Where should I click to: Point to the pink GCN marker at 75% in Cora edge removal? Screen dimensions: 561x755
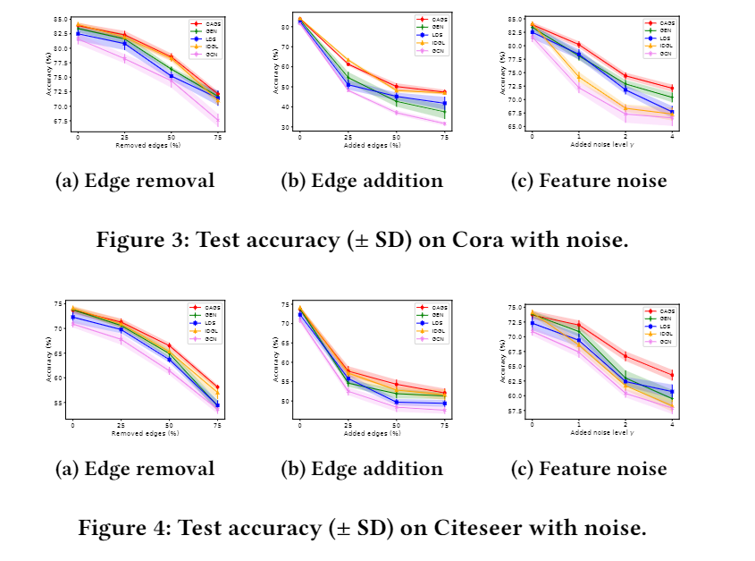coord(217,120)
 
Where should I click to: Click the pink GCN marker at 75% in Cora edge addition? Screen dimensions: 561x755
coord(444,123)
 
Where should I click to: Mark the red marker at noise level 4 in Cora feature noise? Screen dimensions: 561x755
coord(671,88)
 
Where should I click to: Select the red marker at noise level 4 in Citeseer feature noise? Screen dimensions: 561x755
coord(671,375)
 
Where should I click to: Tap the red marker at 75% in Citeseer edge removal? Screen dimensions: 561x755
coord(217,387)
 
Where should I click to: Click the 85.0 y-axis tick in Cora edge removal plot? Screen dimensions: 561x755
coord(61,19)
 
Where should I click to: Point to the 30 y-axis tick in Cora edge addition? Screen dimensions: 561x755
coord(288,127)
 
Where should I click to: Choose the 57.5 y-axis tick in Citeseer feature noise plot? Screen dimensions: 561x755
coord(516,411)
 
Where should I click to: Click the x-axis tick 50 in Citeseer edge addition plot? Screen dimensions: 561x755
coord(396,425)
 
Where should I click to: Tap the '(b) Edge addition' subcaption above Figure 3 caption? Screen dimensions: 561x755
coord(362,181)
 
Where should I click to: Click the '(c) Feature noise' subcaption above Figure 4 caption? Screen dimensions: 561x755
coord(589,469)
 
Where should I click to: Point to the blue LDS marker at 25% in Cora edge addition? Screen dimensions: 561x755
coord(348,86)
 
